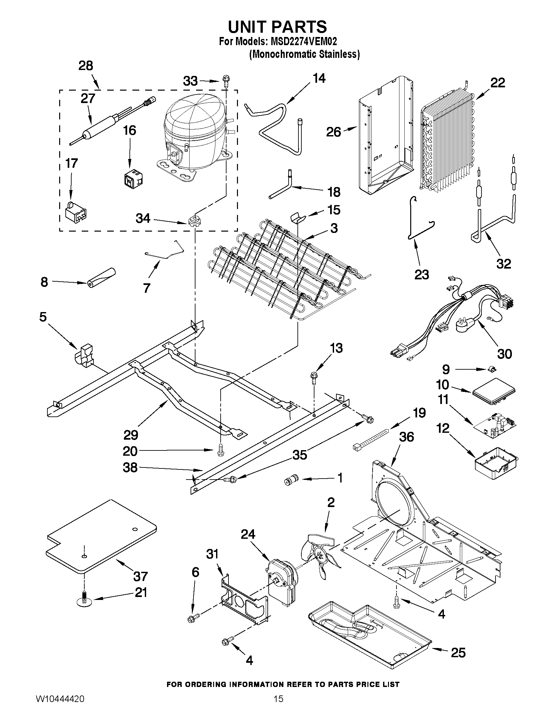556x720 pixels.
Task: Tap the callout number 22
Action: pos(497,83)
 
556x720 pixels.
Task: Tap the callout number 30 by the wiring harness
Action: pos(504,354)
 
